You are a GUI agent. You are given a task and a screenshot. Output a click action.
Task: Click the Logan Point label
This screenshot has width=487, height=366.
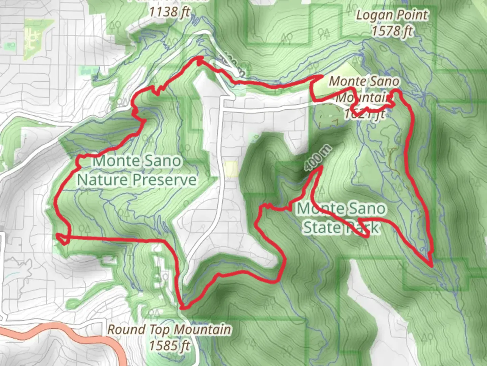coord(392,15)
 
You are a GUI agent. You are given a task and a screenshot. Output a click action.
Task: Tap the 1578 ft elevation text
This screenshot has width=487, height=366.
coord(392,31)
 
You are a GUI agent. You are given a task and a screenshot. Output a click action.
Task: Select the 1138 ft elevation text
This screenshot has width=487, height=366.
coord(169,12)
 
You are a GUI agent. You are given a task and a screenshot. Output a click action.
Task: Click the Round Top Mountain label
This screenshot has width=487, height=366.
coord(169,329)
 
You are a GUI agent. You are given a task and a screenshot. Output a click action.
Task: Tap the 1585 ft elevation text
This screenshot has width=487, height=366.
coord(169,346)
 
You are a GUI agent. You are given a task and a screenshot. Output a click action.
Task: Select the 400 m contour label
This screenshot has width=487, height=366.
coord(317,158)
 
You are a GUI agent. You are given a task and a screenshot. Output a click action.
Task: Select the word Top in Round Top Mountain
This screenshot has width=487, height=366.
coord(160,329)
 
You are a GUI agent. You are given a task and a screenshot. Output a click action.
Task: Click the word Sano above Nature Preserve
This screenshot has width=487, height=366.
coord(163,161)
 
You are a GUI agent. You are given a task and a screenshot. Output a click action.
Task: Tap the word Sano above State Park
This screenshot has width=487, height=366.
coord(368,209)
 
